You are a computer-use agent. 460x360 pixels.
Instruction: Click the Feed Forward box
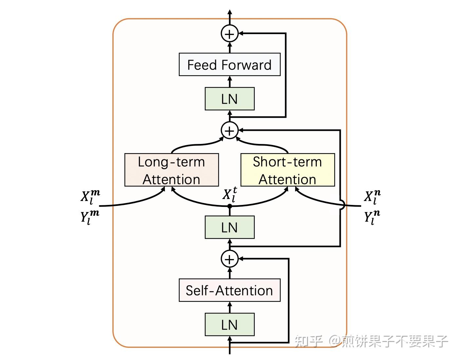pyautogui.click(x=229, y=65)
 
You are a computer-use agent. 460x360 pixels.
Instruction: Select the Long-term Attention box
pyautogui.click(x=171, y=170)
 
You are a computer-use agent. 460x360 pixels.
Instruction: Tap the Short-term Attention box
pyautogui.click(x=287, y=170)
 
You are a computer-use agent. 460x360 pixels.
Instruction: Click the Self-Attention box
pyautogui.click(x=229, y=290)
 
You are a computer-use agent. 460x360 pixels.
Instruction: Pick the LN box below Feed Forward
pyautogui.click(x=229, y=99)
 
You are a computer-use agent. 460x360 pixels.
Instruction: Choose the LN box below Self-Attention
pyautogui.click(x=229, y=325)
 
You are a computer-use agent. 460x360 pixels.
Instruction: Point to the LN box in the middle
pyautogui.click(x=229, y=227)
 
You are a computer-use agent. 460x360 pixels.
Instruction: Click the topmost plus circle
pyautogui.click(x=229, y=34)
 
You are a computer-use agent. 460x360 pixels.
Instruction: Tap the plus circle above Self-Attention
pyautogui.click(x=229, y=259)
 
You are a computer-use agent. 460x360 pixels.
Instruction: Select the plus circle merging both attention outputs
pyautogui.click(x=229, y=130)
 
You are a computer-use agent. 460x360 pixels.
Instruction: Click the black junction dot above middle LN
pyautogui.click(x=230, y=206)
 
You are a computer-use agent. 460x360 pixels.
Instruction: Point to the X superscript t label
pyautogui.click(x=230, y=194)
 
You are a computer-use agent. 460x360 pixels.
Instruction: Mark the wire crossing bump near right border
pyautogui.click(x=342, y=206)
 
